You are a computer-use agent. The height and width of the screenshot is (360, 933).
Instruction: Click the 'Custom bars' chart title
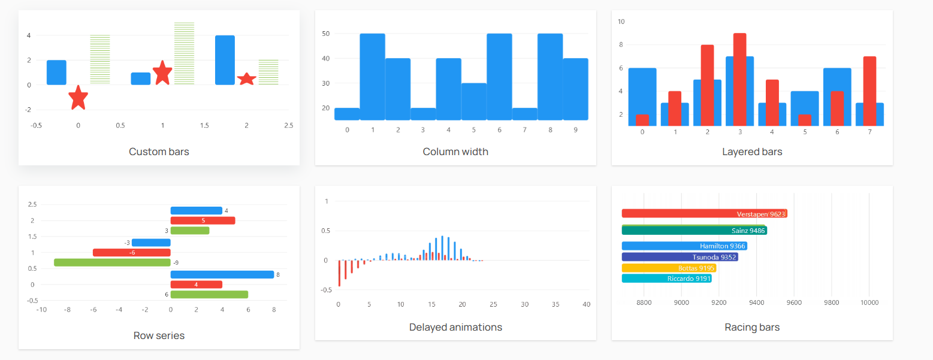coord(159,152)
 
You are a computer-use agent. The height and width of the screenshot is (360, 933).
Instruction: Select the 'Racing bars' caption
coord(752,327)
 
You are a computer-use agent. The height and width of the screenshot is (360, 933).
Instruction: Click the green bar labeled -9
coord(112,262)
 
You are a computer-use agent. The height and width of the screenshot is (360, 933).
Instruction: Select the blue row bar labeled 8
coord(222,274)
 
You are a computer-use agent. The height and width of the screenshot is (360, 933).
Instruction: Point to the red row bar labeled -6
coord(131,252)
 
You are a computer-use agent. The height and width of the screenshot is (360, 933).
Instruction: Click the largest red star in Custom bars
coord(162,72)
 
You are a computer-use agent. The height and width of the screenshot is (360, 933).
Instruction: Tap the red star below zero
coord(78,98)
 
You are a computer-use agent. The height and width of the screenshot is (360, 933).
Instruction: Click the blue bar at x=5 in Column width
coord(474,101)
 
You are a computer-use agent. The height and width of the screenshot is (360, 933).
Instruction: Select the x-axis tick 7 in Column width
coord(525,129)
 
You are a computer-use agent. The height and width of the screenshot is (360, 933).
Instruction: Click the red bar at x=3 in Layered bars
coord(739,79)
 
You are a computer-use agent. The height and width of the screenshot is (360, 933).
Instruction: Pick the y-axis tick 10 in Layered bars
coord(621,22)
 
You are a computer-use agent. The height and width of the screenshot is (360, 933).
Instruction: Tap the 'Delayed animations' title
coord(455,327)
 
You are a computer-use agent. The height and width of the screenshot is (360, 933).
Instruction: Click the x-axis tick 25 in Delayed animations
coord(493,304)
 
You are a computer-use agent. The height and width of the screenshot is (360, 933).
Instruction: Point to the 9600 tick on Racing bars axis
coord(794,302)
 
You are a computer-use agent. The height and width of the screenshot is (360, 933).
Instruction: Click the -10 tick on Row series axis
coord(41,310)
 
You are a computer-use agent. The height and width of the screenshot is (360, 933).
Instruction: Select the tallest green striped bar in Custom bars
coord(184,53)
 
